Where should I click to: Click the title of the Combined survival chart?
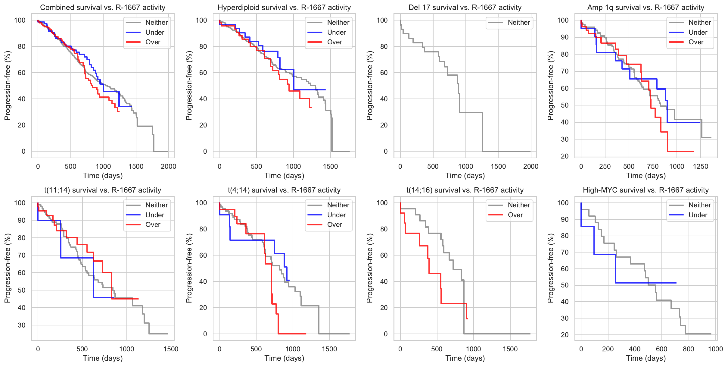[103, 8]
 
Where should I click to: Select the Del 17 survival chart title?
[465, 8]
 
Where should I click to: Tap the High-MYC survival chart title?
[646, 190]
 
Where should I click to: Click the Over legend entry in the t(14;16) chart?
[515, 215]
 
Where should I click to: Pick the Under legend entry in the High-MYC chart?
[698, 215]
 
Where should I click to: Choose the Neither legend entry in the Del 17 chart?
[519, 23]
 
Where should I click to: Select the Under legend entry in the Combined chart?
[155, 33]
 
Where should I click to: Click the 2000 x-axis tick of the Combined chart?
[168, 167]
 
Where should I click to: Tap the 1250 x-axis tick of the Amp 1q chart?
[701, 167]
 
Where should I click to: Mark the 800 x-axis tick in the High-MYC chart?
[689, 349]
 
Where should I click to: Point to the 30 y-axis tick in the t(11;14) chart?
[22, 325]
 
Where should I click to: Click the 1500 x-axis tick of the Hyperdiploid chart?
[331, 167]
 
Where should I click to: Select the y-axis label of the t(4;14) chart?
[189, 268]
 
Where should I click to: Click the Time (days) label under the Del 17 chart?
[465, 176]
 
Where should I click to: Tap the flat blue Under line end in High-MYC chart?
[676, 283]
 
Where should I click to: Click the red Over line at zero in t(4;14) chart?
[292, 334]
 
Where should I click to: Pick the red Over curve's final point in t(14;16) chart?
[467, 318]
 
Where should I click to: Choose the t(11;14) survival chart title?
[103, 190]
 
